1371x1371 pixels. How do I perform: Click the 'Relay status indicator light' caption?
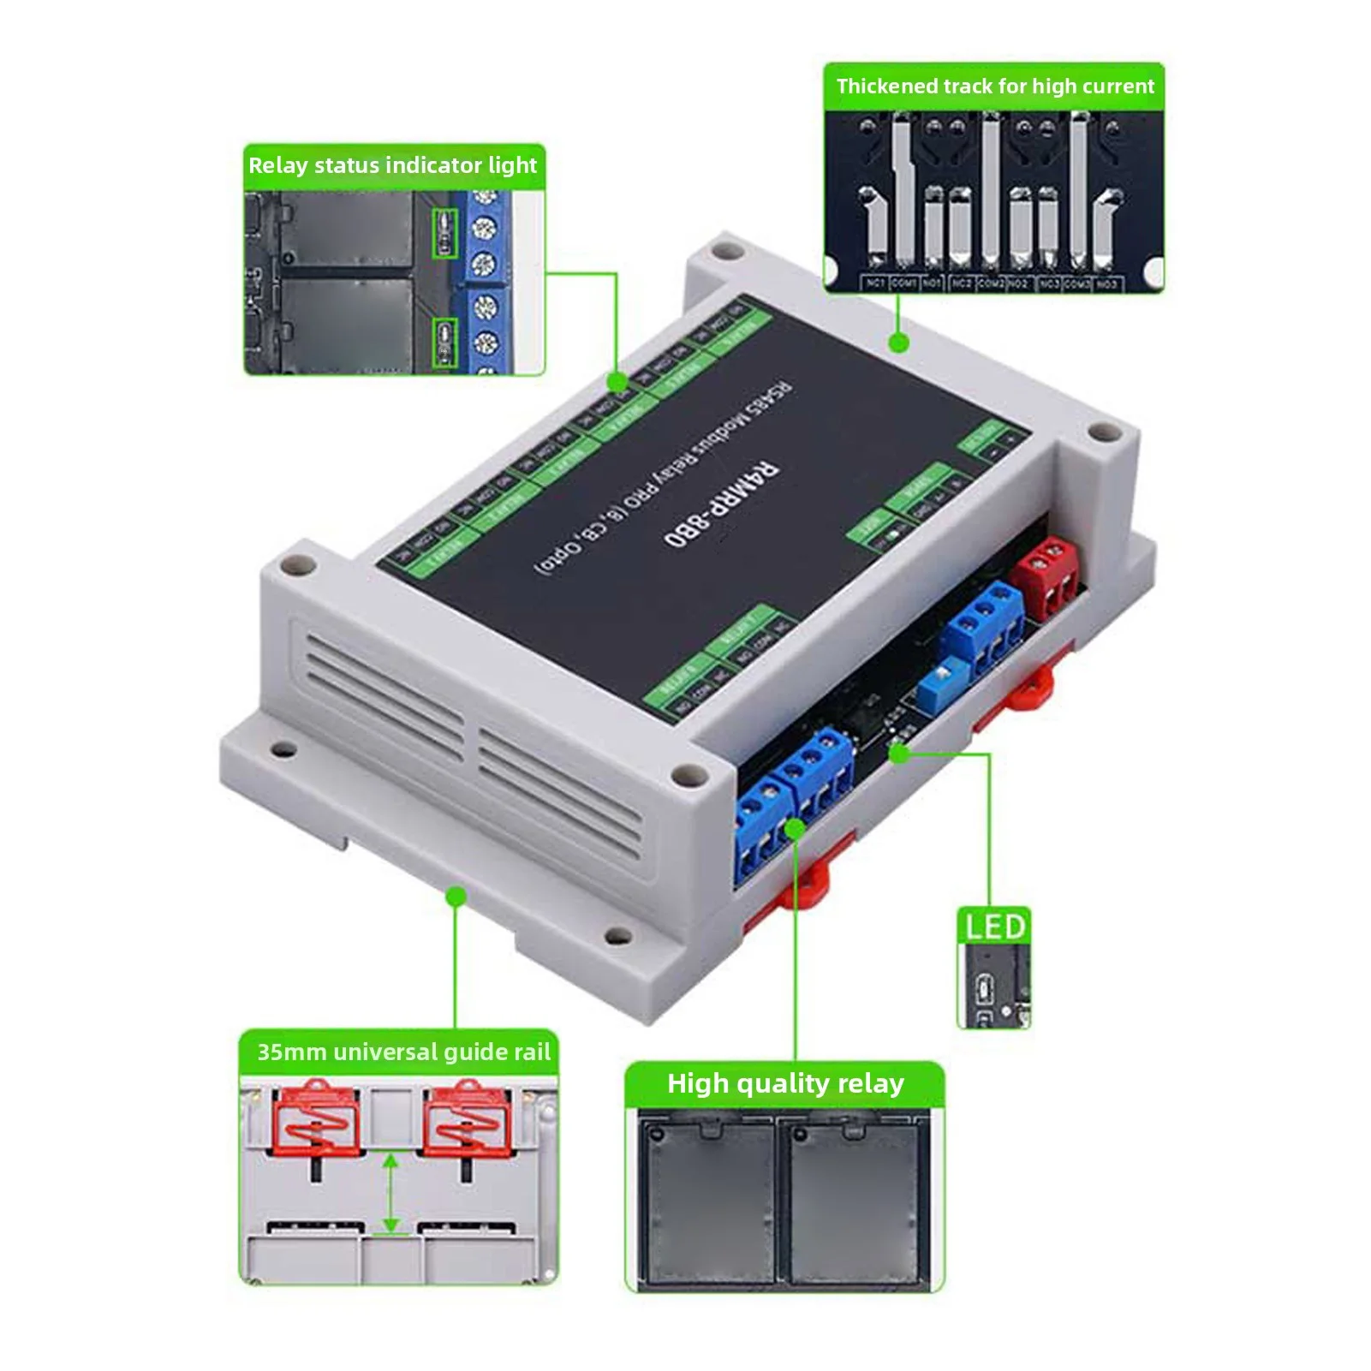point(393,165)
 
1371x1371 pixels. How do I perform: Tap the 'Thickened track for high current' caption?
point(995,86)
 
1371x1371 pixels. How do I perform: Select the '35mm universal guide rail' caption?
point(403,1052)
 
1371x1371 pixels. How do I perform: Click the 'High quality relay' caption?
point(785,1083)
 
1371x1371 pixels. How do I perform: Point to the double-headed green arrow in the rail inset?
point(391,1195)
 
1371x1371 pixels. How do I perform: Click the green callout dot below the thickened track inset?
point(898,343)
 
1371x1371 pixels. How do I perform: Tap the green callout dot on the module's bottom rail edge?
point(456,897)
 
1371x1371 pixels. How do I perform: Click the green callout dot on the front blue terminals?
point(795,828)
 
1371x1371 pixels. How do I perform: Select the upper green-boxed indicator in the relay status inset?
point(444,232)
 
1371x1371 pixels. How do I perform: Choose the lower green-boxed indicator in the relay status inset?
point(444,342)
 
